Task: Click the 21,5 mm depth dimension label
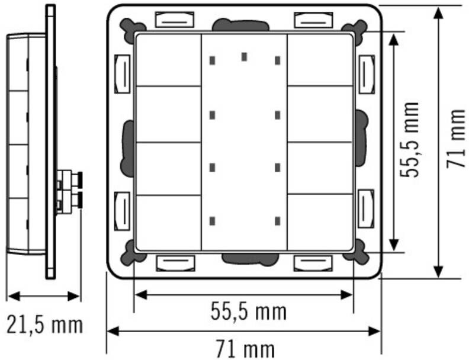pos(44,324)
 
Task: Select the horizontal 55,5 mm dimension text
pos(249,311)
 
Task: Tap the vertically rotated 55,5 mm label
pos(409,140)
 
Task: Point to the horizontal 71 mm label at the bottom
pos(245,349)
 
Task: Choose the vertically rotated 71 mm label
pos(456,139)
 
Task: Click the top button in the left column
pos(168,60)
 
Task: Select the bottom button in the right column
pos(320,222)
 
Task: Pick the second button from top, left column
pos(168,114)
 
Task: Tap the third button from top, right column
pos(320,168)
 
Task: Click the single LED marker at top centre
pos(245,57)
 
